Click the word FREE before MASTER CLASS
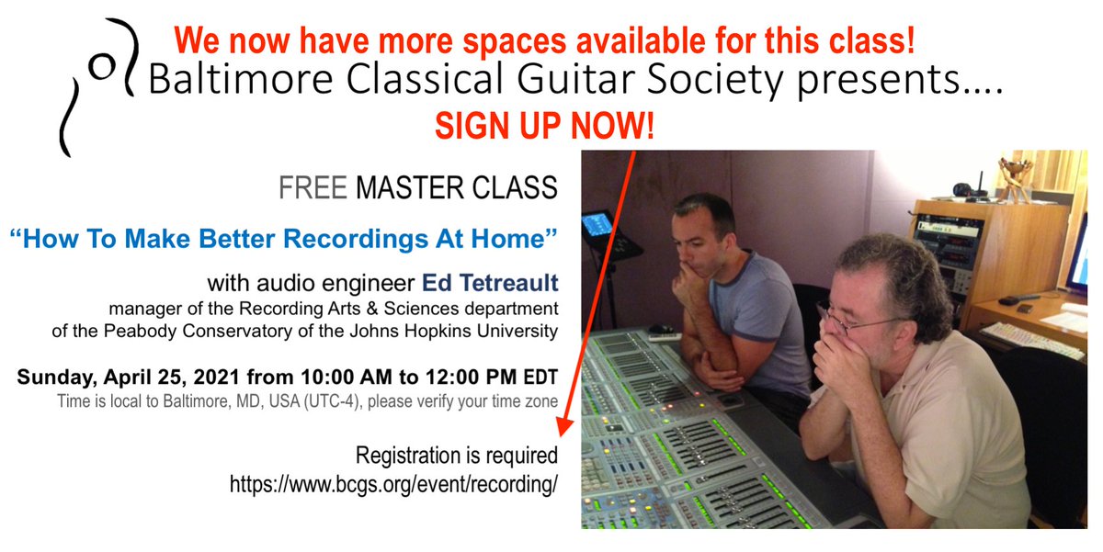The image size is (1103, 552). pyautogui.click(x=313, y=188)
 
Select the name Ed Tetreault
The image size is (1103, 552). pyautogui.click(x=496, y=282)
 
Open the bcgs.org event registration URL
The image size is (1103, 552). pyautogui.click(x=393, y=484)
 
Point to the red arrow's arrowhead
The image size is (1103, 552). pyautogui.click(x=565, y=423)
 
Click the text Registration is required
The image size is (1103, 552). pyautogui.click(x=457, y=455)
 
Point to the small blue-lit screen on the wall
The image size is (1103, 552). pyautogui.click(x=598, y=224)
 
